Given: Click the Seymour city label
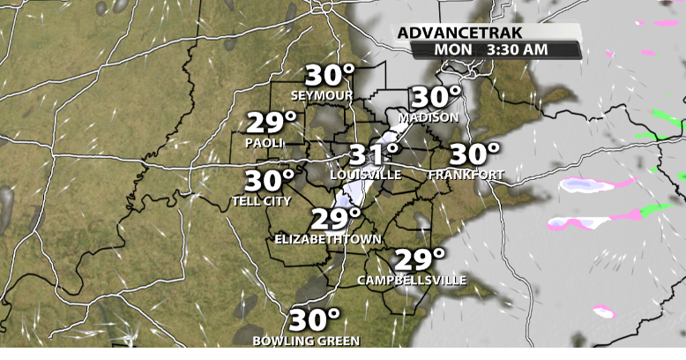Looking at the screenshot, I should coord(323,95).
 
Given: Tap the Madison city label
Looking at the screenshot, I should coord(429,117).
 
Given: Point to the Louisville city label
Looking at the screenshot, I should coord(365,176).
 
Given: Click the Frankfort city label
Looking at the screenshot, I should coord(466,176).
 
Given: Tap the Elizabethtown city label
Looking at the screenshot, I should coord(327,239).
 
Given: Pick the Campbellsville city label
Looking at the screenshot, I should coord(412,281).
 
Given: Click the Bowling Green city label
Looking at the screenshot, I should coord(306,341).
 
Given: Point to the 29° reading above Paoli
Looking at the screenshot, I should coord(271,122).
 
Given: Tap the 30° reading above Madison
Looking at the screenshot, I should coord(436,96).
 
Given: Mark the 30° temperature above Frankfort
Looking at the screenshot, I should coord(474,154).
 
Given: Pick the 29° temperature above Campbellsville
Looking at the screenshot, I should coord(419,259).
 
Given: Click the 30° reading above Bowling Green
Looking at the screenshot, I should coord(315,319).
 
